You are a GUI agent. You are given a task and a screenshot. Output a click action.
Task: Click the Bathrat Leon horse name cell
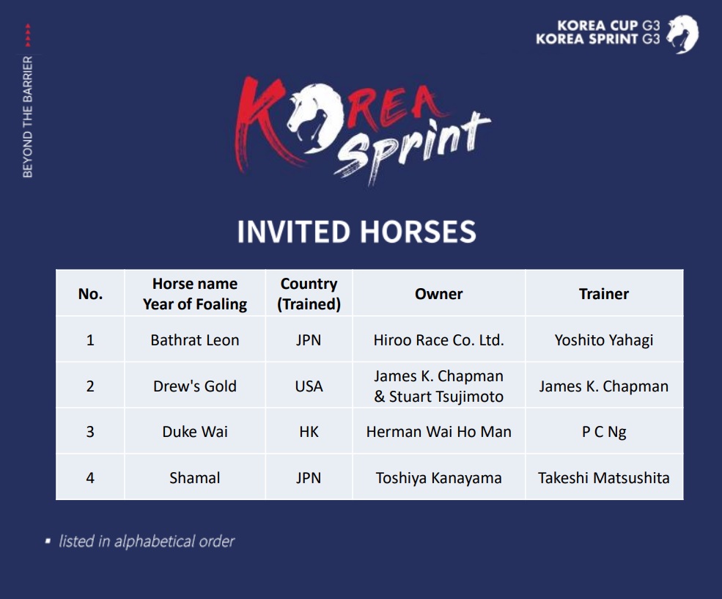[195, 340]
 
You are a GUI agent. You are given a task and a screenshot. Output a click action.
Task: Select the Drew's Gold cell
[195, 386]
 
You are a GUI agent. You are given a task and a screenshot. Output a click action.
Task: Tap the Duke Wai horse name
[195, 432]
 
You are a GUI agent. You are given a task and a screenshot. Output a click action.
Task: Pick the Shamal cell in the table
[195, 478]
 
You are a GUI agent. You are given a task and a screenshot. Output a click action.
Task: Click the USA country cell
[309, 386]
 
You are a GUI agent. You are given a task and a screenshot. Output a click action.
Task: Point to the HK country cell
[309, 432]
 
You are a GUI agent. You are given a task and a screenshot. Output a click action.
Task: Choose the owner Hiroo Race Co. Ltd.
[438, 340]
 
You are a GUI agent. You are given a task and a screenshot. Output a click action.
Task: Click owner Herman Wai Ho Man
[438, 432]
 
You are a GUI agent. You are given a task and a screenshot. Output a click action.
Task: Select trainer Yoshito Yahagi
[604, 340]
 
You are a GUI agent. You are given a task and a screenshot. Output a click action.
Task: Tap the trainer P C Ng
[604, 432]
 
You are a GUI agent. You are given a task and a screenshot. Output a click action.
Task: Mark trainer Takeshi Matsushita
[604, 478]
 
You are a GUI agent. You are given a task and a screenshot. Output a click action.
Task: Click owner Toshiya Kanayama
[438, 478]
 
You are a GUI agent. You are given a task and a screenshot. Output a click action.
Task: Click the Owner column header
[438, 294]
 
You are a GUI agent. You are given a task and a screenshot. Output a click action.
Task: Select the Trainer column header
[604, 294]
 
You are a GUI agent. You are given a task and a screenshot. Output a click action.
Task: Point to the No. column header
[90, 294]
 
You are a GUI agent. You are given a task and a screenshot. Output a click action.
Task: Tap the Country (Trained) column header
[309, 294]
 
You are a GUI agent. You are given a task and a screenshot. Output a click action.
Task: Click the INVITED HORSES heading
[356, 232]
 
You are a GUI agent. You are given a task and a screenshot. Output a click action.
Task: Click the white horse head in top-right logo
[682, 34]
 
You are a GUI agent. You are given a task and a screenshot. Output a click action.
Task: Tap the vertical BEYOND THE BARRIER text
[28, 117]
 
